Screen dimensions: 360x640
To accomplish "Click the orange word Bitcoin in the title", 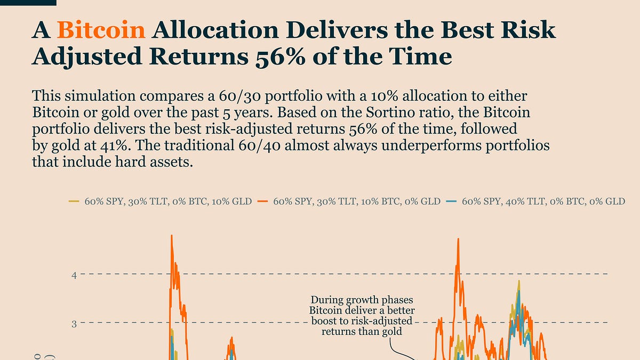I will [x=101, y=31].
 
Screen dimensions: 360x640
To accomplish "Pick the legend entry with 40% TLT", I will [x=543, y=202].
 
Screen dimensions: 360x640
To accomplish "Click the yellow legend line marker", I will [x=74, y=202].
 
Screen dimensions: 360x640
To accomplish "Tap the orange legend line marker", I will [x=262, y=202].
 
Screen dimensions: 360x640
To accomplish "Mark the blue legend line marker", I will [x=451, y=202].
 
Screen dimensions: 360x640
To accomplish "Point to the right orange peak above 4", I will [x=458, y=239].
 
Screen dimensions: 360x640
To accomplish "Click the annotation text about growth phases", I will [x=362, y=315].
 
